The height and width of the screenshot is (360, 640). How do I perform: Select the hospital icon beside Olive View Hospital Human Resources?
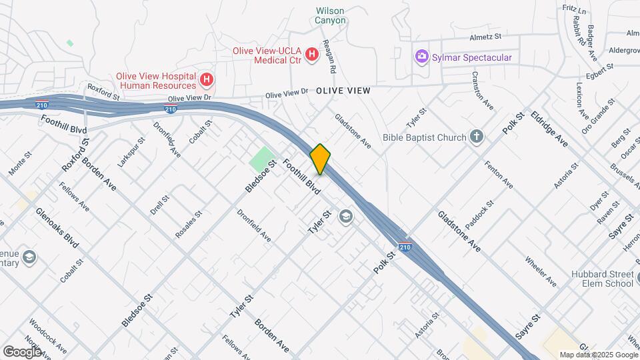[207, 81]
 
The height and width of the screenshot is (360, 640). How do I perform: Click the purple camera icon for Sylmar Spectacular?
[421, 57]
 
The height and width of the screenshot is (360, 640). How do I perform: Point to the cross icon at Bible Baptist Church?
[476, 137]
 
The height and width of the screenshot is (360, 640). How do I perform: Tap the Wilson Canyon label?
[331, 15]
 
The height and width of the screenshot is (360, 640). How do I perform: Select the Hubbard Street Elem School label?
[602, 279]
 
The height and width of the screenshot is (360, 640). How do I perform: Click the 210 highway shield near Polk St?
[405, 247]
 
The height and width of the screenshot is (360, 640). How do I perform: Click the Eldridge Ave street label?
[549, 129]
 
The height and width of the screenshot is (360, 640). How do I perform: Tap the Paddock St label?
[479, 214]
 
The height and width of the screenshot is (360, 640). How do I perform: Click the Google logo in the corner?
[22, 351]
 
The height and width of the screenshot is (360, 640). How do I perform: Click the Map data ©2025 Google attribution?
[598, 355]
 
